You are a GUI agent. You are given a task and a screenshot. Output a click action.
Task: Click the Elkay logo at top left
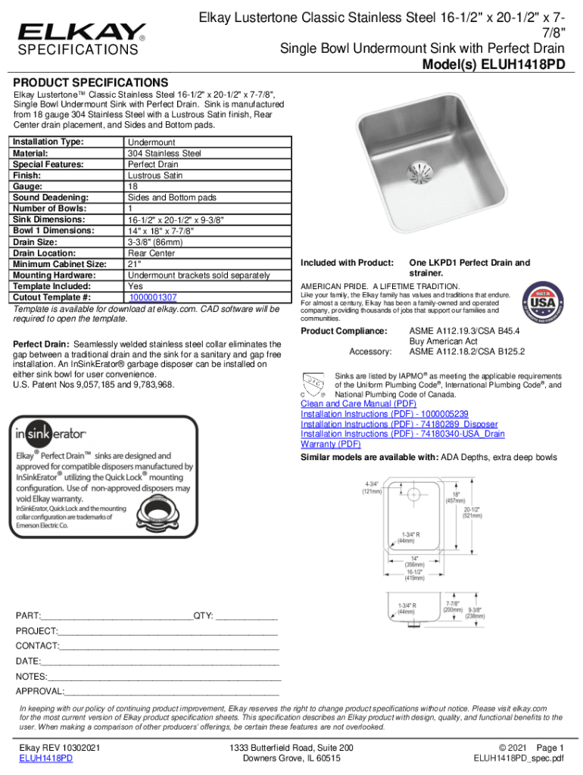82,32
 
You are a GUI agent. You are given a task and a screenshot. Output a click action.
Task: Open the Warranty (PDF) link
330,444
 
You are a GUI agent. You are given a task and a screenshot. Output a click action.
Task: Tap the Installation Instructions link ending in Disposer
399,424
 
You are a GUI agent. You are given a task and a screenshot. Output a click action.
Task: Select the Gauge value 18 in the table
132,185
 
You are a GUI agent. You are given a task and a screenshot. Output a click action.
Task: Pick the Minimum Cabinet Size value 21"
135,264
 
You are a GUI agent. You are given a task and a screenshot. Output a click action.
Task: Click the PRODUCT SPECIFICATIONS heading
92,82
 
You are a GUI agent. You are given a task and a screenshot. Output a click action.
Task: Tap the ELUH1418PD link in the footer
46,758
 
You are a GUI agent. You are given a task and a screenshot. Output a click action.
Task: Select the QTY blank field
246,616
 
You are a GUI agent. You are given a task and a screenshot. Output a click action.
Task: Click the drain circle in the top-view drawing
413,495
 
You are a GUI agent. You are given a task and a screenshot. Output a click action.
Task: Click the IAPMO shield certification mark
312,383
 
